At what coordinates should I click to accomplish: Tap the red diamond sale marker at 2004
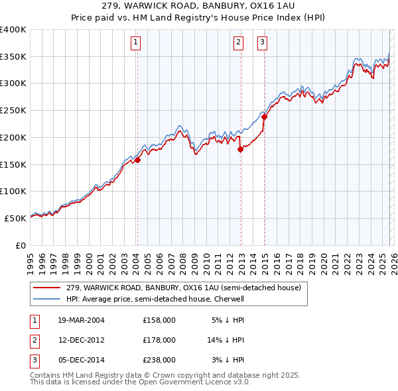coord(138,160)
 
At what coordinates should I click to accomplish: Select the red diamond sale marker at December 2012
coord(241,149)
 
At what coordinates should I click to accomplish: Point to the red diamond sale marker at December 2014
coord(264,117)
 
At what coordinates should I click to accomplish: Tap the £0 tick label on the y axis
coord(20,245)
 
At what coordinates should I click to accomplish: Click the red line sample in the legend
coord(48,288)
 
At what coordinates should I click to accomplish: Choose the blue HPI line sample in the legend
coord(48,299)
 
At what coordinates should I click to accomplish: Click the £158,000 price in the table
coord(159,320)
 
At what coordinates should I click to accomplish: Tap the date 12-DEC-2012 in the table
coord(82,340)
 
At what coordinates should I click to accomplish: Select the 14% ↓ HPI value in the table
coord(226,340)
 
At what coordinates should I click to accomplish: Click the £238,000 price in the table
coord(159,360)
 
